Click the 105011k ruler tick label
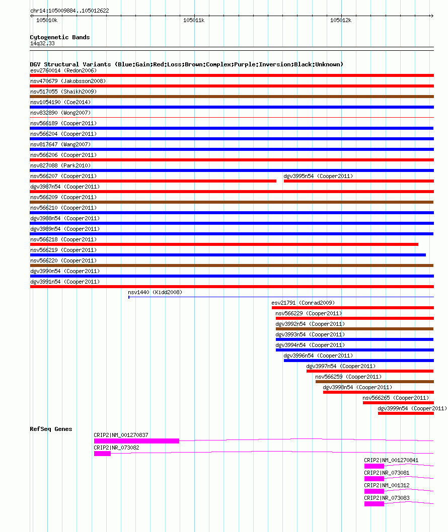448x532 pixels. pos(194,20)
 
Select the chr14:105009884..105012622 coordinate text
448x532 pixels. pos(69,11)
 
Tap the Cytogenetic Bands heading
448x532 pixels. pos(60,37)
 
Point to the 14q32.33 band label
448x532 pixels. pos(42,44)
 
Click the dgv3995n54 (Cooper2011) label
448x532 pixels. pos(318,176)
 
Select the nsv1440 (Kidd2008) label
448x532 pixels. pos(155,292)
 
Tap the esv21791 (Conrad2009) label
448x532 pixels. pos(303,303)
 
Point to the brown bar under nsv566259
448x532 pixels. pos(375,382)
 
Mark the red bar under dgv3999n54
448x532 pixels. pos(406,413)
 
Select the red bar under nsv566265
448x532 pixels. pos(398,403)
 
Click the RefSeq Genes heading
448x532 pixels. pos(51,429)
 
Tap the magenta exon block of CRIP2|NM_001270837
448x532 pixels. pos(136,441)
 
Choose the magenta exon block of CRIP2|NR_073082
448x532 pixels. pos(102,454)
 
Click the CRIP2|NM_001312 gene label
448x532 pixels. pos(387,485)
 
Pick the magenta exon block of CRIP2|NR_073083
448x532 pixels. pos(374,504)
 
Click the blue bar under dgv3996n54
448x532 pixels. pos(358,361)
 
